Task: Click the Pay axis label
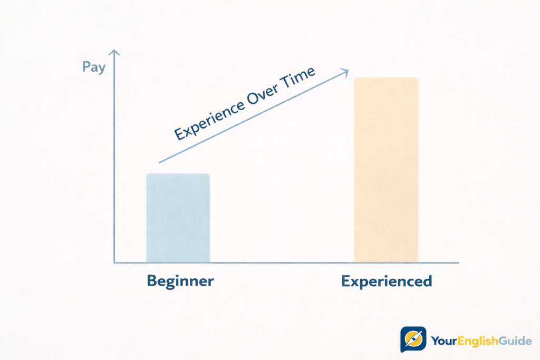pyautogui.click(x=94, y=67)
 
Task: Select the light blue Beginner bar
pyautogui.click(x=178, y=218)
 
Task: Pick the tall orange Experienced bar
pyautogui.click(x=386, y=170)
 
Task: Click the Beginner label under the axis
pyautogui.click(x=180, y=280)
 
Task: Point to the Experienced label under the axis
pyautogui.click(x=387, y=281)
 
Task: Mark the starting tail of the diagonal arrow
pyautogui.click(x=160, y=162)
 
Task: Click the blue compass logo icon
pyautogui.click(x=413, y=340)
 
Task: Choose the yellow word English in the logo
pyautogui.click(x=476, y=341)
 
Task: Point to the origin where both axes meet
pyautogui.click(x=114, y=262)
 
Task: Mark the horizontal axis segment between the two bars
pyautogui.click(x=282, y=262)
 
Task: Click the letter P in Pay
pyautogui.click(x=86, y=67)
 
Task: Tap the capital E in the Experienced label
pyautogui.click(x=346, y=281)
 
